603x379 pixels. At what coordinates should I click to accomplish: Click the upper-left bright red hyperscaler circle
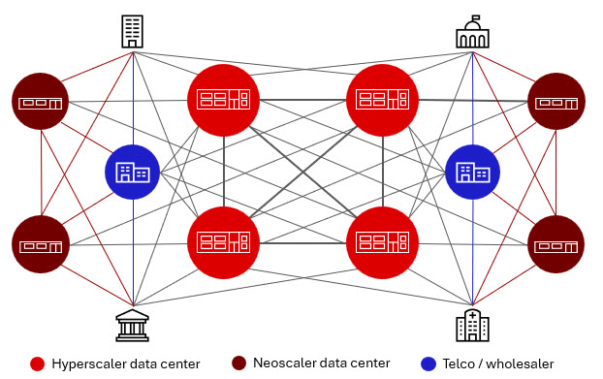point(224,99)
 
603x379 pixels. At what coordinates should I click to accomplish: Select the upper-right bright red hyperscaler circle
point(383,99)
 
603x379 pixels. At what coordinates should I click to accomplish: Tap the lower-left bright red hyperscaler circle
point(224,241)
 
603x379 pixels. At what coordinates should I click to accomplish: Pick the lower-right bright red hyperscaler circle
point(383,241)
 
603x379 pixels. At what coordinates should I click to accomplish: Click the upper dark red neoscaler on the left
point(41,101)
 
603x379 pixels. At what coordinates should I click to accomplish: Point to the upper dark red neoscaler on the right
point(556,101)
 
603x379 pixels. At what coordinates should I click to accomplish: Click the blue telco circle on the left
point(133,173)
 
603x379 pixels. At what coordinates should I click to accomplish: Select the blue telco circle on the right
point(472,173)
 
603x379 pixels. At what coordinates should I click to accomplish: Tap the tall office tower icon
point(133,31)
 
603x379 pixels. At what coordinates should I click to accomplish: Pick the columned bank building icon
point(132,325)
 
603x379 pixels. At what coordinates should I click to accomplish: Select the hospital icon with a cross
point(473,325)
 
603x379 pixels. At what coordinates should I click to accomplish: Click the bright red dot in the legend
point(37,364)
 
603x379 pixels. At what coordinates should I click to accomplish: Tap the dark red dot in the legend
point(238,364)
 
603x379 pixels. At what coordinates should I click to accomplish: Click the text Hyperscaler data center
point(127,364)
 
